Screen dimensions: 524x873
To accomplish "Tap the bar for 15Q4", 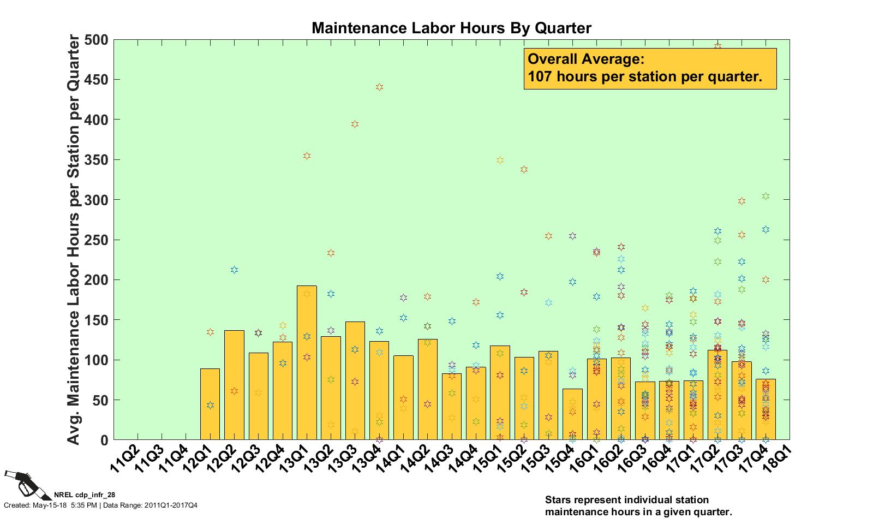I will [x=572, y=414].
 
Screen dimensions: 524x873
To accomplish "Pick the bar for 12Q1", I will [x=210, y=404].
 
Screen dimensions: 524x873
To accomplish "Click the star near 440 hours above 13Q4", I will [x=379, y=87].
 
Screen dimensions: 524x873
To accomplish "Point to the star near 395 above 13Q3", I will [x=355, y=124].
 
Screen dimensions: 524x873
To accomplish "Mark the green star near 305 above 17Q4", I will [x=766, y=196].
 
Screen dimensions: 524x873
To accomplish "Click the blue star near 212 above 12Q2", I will [x=234, y=270].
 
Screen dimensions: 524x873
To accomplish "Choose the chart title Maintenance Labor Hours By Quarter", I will [x=451, y=28].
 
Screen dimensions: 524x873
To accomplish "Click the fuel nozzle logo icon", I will [x=25, y=484].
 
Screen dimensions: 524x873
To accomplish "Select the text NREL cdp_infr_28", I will [x=85, y=495].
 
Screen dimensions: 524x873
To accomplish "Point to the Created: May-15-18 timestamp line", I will [x=100, y=505].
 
